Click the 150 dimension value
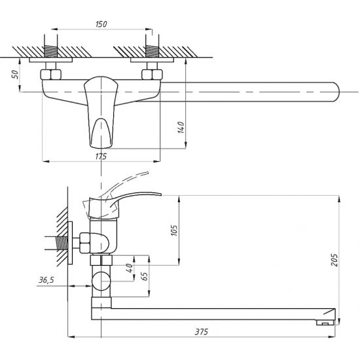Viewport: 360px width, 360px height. point(101,24)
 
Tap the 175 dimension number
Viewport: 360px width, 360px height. point(101,156)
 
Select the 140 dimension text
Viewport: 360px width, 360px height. point(181,128)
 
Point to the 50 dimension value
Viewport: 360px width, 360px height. point(15,75)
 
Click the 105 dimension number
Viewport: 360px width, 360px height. point(174,230)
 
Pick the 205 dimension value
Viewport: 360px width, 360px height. point(334,260)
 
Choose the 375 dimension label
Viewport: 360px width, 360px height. point(202,332)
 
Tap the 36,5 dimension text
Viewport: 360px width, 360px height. point(46,280)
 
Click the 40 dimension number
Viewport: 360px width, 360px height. point(130,268)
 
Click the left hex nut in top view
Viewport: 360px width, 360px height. point(51,74)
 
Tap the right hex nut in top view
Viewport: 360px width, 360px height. point(152,74)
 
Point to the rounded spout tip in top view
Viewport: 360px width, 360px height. point(336,92)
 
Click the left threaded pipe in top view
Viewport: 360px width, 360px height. point(50,51)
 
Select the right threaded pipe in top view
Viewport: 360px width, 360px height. point(152,51)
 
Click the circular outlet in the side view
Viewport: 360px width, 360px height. point(101,281)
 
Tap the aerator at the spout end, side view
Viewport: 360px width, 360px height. point(325,323)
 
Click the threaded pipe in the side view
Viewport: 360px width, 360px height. point(62,243)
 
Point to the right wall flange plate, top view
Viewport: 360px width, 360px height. point(153,60)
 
